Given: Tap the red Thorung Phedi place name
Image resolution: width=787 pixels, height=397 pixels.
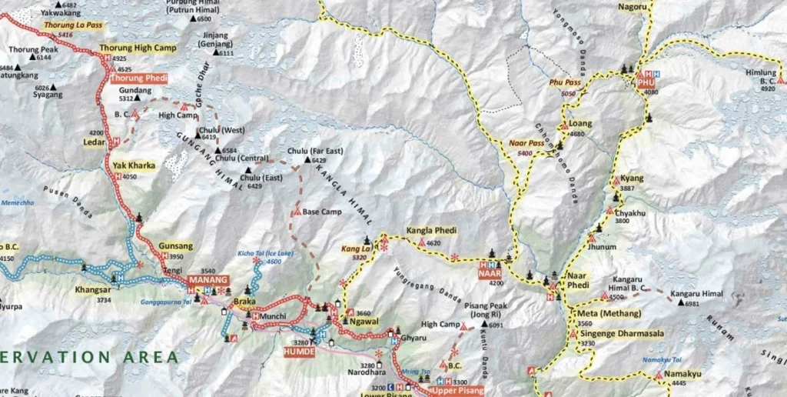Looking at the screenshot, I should coord(139,78).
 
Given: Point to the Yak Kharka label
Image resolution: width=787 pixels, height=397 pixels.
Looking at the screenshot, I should coord(134,165).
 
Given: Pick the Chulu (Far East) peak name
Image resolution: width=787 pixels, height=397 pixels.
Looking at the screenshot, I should coord(315,151).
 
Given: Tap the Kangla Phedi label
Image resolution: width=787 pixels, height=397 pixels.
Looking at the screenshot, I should coord(431,231).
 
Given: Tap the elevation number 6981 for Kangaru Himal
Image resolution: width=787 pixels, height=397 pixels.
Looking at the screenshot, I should coord(692,304).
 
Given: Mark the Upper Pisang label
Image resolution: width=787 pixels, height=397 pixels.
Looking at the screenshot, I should coord(460,391).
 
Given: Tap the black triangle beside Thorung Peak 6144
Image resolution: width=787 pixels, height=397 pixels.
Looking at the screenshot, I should coord(33,58).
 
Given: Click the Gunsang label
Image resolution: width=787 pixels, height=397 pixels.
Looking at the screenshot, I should coord(176,245).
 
